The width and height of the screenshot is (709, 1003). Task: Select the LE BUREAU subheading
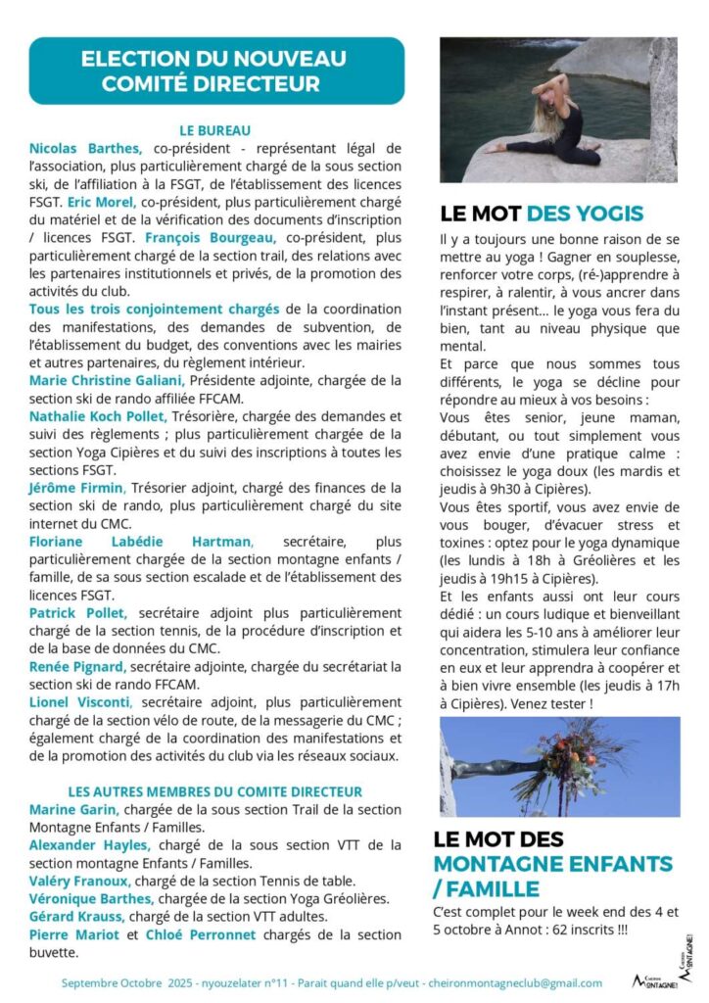(x=215, y=129)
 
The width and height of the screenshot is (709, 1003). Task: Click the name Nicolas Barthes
(x=86, y=148)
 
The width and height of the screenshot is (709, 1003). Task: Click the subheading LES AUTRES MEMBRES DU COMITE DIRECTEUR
(x=215, y=791)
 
